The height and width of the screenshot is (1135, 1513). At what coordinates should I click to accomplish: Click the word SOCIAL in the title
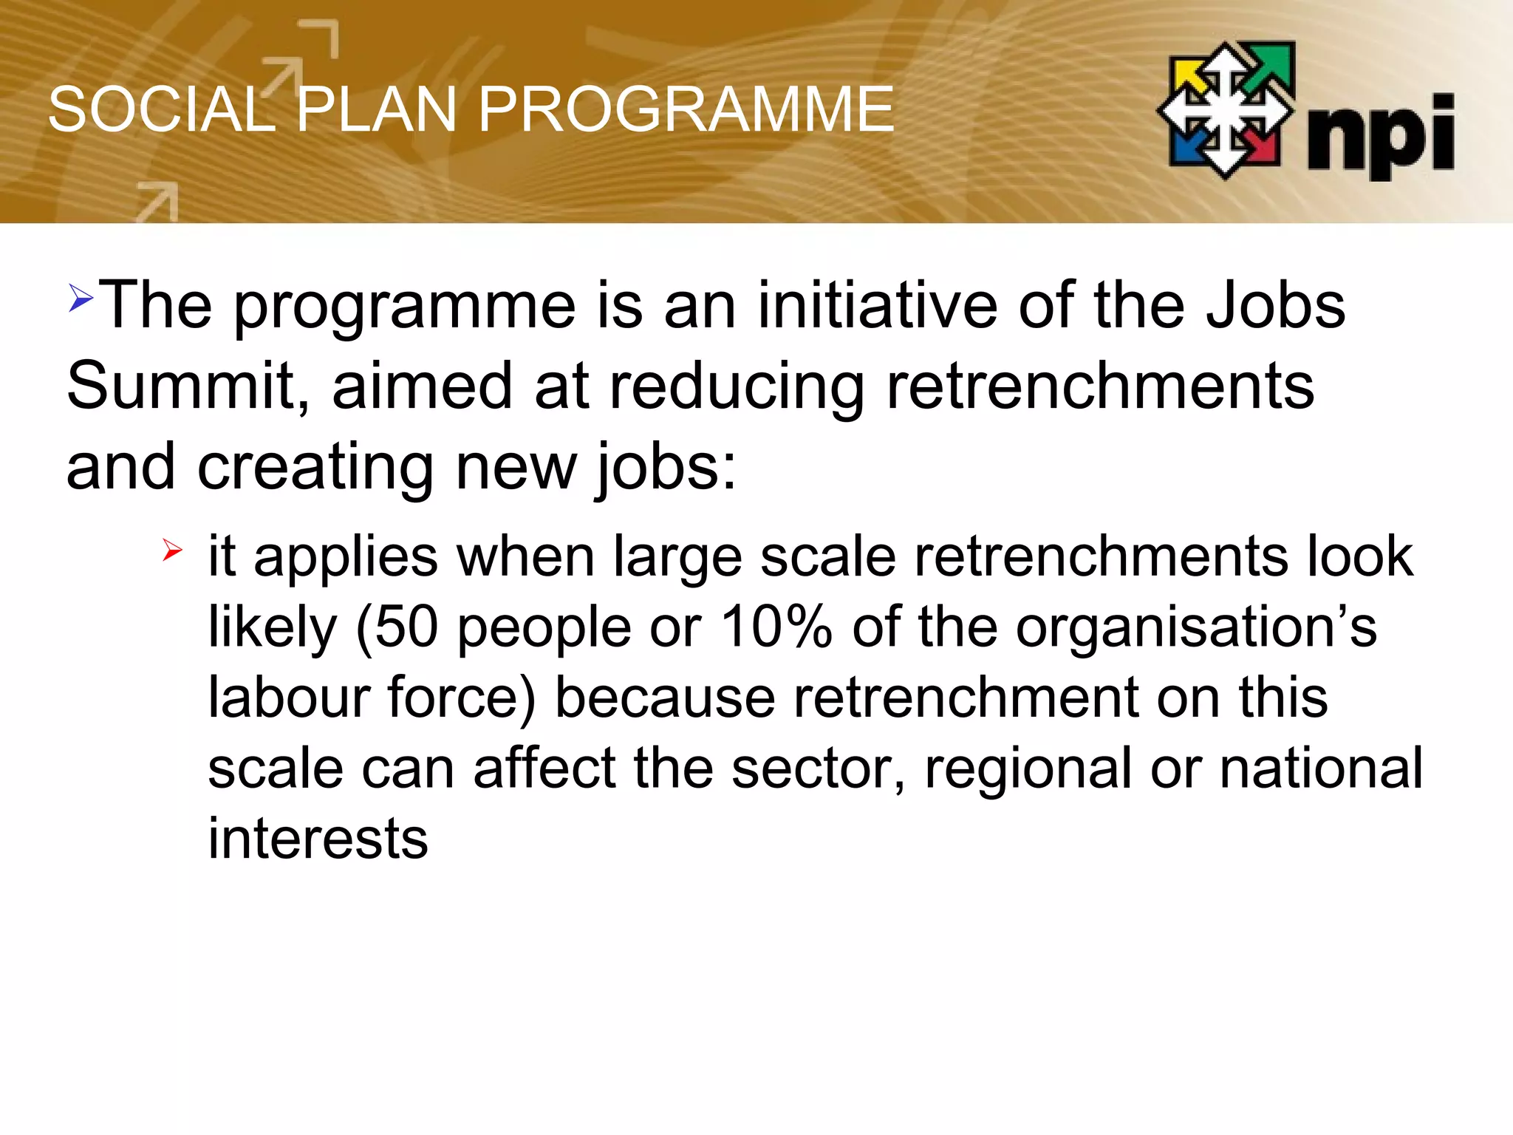pos(161,110)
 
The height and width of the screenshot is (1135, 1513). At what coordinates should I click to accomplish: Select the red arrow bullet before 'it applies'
pos(172,551)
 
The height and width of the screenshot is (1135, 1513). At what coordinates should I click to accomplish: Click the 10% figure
pos(776,627)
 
